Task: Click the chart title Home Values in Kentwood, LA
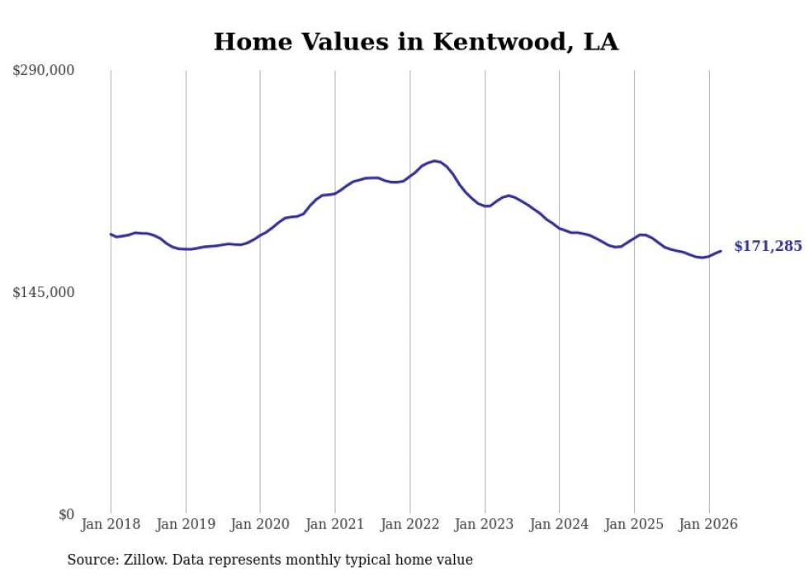[415, 41]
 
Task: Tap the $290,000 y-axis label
[43, 71]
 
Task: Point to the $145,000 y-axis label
[43, 292]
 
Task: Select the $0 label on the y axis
[66, 514]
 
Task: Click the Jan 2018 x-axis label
[111, 524]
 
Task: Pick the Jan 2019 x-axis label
[186, 524]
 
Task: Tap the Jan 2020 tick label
[260, 524]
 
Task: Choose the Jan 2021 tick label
[335, 524]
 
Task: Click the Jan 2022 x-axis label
[410, 524]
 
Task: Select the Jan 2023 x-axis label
[485, 524]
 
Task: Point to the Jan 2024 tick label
[560, 524]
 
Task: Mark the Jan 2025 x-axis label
[634, 524]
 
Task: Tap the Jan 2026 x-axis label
[709, 524]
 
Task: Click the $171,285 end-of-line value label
[768, 246]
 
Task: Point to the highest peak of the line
[436, 161]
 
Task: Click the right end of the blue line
[721, 251]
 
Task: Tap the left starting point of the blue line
[111, 234]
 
